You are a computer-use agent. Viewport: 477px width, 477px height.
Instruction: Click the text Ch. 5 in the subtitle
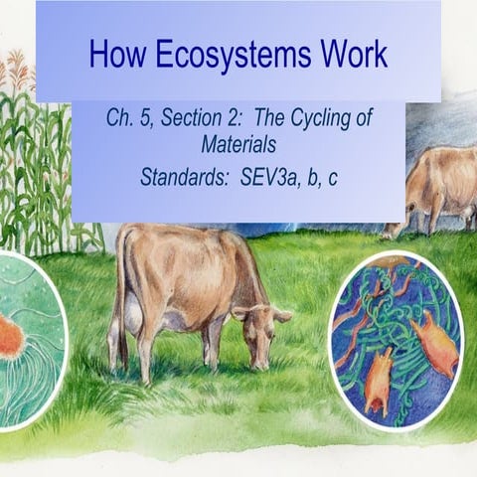point(130,118)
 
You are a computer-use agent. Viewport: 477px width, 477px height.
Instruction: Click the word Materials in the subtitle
point(238,143)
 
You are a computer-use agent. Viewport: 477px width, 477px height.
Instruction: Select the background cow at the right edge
point(437,189)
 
